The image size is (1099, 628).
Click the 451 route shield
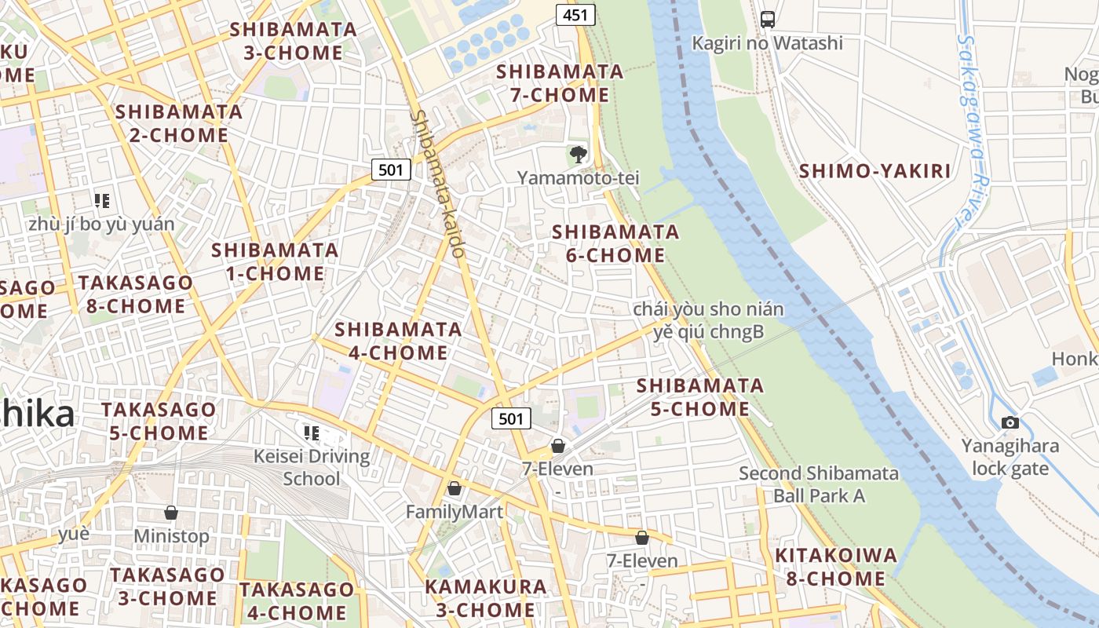pos(575,15)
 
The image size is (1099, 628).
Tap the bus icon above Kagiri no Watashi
pos(768,20)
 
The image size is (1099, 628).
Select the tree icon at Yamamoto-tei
pos(579,155)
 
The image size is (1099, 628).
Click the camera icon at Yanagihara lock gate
pos(1010,423)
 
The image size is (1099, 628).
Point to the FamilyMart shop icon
pos(454,489)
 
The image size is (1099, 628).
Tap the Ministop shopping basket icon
pos(171,513)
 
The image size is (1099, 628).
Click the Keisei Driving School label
pos(312,467)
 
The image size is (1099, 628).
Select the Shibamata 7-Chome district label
pos(560,83)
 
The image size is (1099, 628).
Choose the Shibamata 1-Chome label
pos(275,262)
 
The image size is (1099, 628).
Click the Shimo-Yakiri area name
pos(874,171)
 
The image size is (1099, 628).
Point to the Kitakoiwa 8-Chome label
pos(835,568)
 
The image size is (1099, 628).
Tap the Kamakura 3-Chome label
pos(485,598)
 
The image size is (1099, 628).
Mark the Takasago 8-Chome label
pos(135,294)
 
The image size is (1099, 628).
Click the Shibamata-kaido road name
pos(438,184)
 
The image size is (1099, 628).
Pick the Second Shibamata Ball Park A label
pos(819,484)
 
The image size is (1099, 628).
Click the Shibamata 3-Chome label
pos(293,42)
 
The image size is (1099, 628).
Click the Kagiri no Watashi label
pos(767,43)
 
